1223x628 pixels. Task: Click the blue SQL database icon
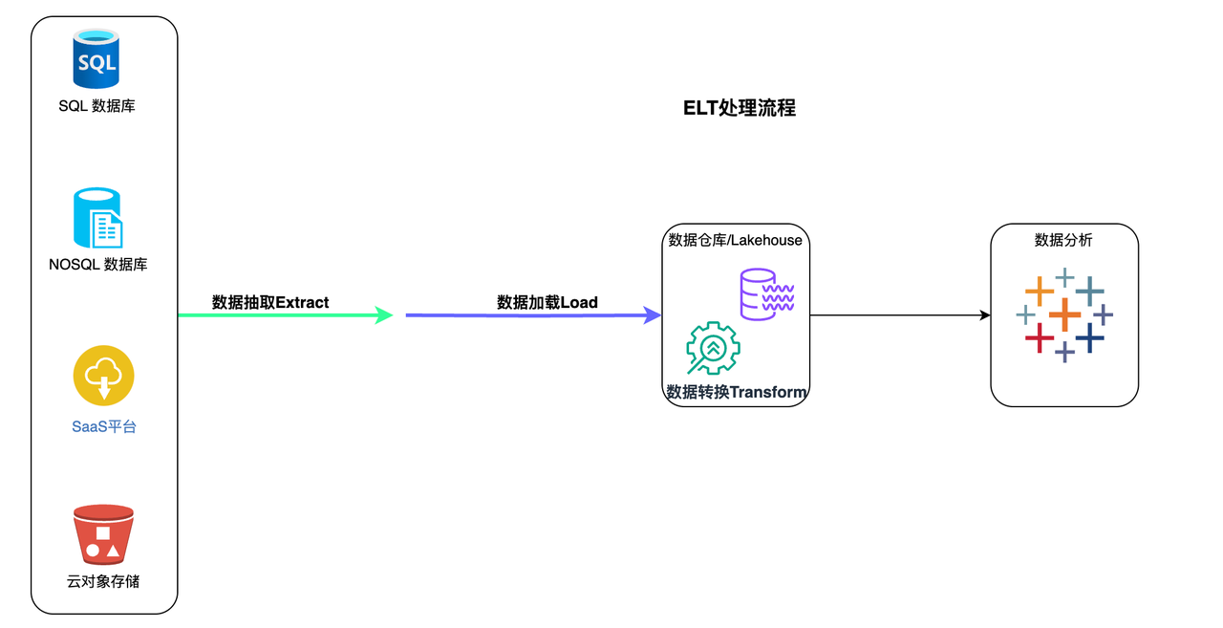coord(97,59)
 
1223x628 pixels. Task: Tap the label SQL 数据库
coord(97,106)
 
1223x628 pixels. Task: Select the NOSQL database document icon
coord(98,219)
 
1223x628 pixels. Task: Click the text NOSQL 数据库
coord(98,265)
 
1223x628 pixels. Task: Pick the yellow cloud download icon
coord(103,376)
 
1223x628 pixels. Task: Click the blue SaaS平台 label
coord(104,427)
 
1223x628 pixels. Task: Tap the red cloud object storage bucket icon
coord(103,535)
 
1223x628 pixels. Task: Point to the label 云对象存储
coord(103,581)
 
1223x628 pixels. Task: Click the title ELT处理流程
coord(740,108)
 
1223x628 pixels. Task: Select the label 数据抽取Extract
coord(270,303)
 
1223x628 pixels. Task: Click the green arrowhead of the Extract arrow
coord(385,314)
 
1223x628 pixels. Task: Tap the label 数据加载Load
coord(547,303)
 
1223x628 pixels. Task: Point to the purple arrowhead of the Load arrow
coord(654,314)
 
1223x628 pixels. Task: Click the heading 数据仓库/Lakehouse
coord(735,240)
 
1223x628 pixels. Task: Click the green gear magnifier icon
coord(712,349)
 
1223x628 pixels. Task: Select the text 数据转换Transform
coord(737,393)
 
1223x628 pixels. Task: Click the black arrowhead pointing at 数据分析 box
coord(984,314)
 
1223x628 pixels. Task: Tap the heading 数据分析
coord(1063,240)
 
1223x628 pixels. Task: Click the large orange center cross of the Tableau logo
coord(1064,314)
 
